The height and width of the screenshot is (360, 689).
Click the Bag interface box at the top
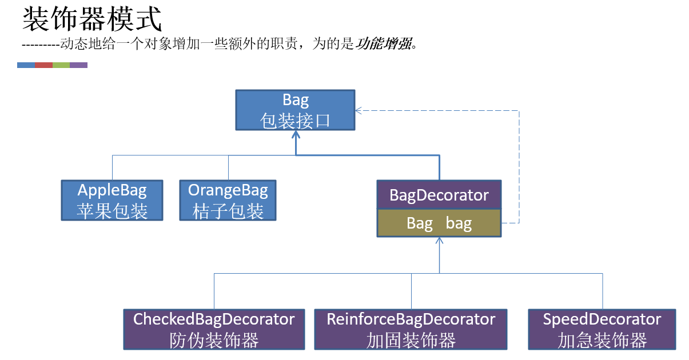[x=296, y=110]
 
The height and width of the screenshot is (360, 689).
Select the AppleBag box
[x=112, y=200]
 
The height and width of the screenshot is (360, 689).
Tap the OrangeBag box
[x=228, y=200]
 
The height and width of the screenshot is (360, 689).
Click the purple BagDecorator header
[x=439, y=195]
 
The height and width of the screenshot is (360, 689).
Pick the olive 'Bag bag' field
[x=439, y=223]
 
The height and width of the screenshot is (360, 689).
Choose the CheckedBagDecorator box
[x=214, y=329]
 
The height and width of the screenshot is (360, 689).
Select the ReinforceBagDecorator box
[x=411, y=329]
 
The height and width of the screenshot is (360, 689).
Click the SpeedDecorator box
[x=602, y=329]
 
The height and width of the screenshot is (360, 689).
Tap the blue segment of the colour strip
[x=26, y=65]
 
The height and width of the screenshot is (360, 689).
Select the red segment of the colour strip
[x=44, y=65]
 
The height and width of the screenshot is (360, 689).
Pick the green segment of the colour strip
[x=61, y=65]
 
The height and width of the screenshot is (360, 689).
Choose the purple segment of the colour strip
[x=79, y=65]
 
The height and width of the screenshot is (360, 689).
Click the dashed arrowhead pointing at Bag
[x=359, y=111]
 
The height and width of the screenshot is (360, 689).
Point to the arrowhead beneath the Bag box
[x=296, y=135]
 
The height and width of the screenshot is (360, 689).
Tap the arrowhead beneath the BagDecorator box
[x=439, y=242]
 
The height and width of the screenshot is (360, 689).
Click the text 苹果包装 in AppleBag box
[x=112, y=211]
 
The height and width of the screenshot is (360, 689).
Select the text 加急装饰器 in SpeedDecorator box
[x=602, y=341]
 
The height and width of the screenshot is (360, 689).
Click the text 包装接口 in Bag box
[x=296, y=121]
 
